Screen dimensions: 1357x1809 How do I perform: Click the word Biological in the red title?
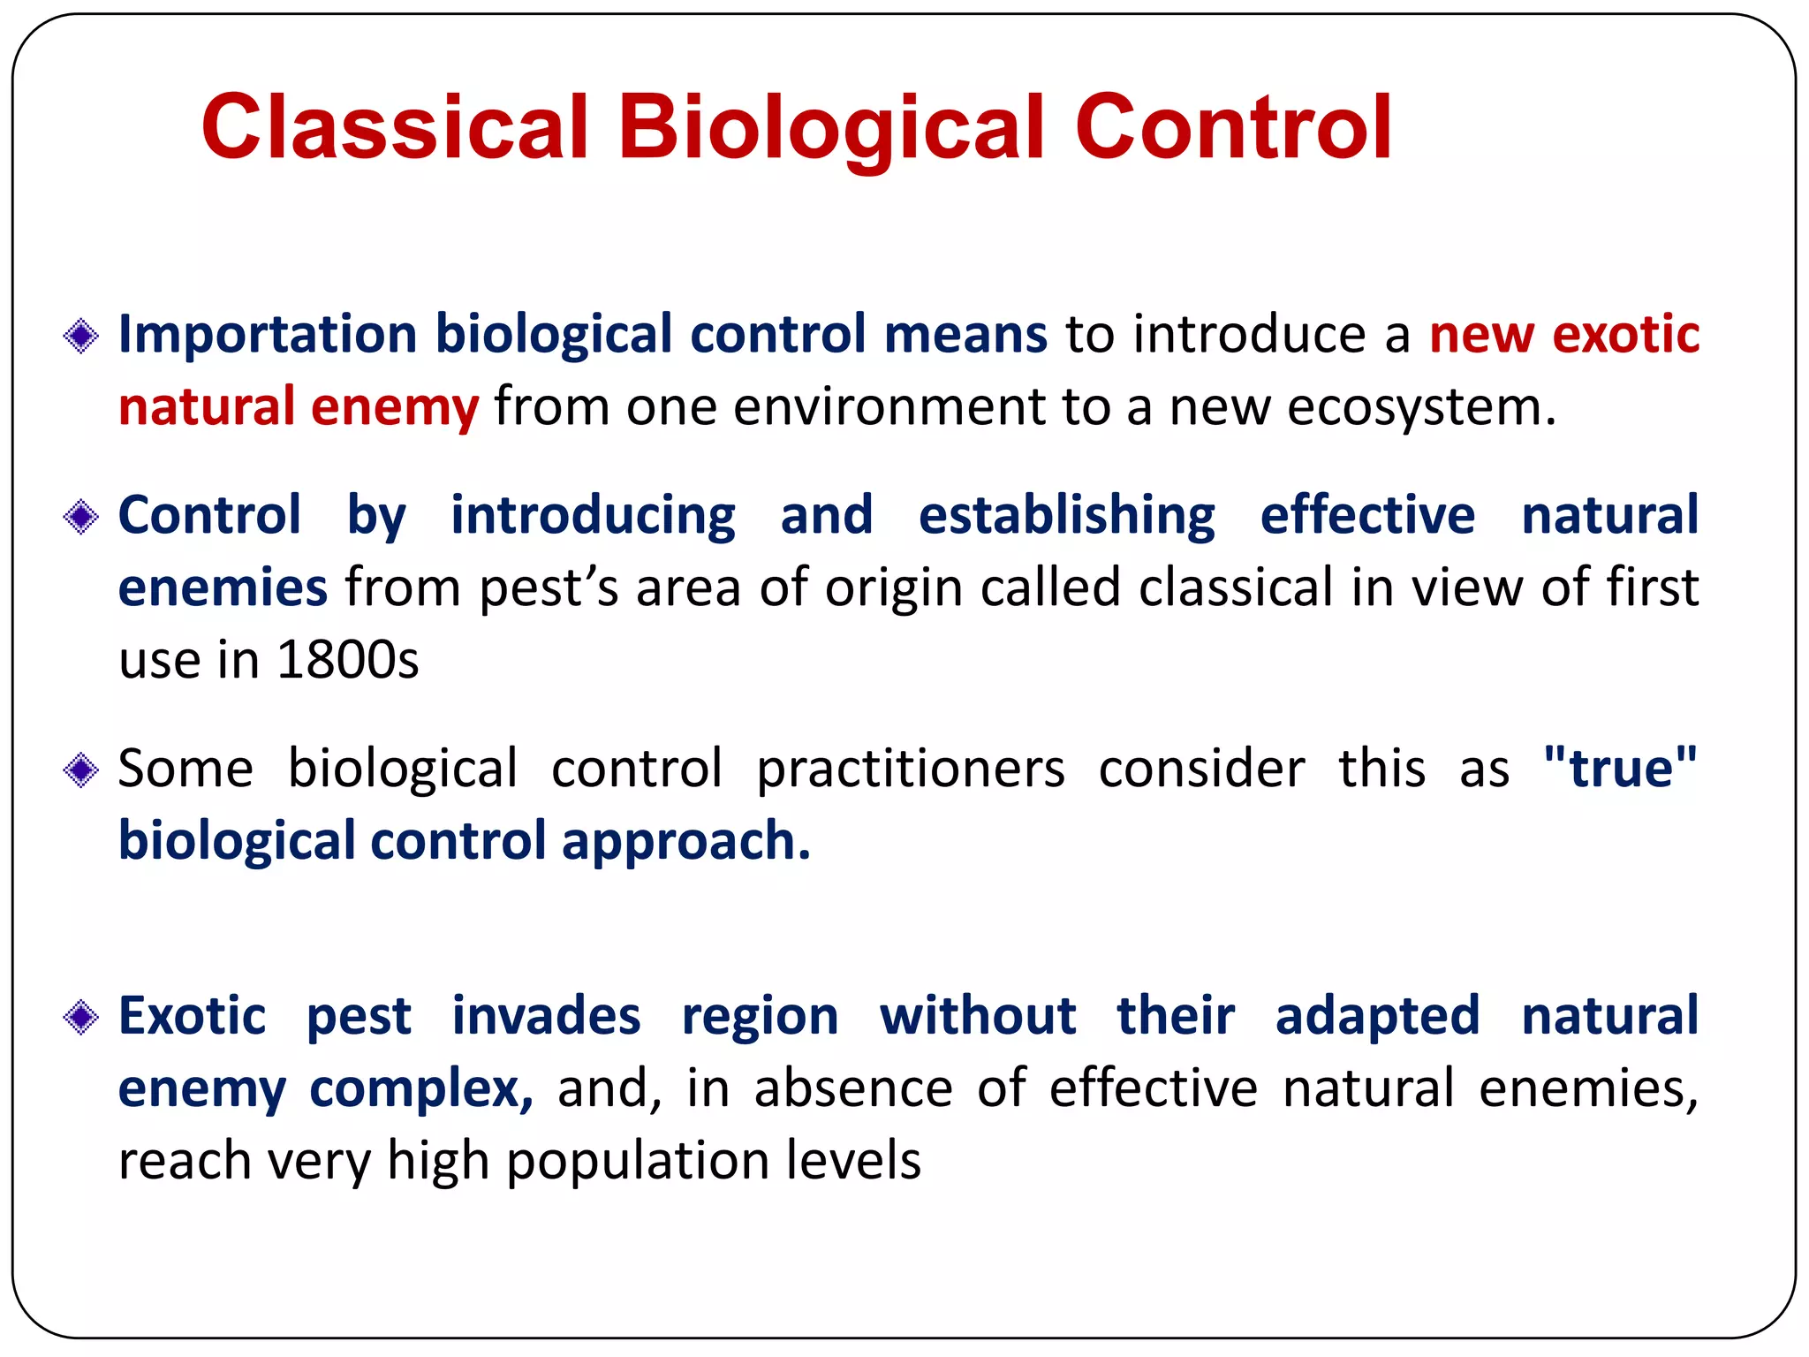click(830, 128)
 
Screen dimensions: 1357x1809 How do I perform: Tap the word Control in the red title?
click(1233, 128)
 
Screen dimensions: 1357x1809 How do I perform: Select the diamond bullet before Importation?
click(81, 337)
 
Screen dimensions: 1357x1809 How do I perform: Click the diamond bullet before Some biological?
click(81, 770)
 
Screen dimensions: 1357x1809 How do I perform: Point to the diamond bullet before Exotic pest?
click(81, 1018)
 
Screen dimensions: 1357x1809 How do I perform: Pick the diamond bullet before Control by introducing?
click(81, 517)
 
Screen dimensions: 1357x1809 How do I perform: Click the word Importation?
click(268, 336)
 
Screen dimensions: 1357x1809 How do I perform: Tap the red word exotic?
click(1625, 335)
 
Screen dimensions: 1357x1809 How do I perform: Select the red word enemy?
click(394, 407)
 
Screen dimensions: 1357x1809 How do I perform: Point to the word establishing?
click(1066, 517)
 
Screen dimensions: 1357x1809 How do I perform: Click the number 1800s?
click(347, 660)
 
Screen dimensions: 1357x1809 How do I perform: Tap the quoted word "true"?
click(1621, 768)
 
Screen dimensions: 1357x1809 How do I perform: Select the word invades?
click(546, 1016)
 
